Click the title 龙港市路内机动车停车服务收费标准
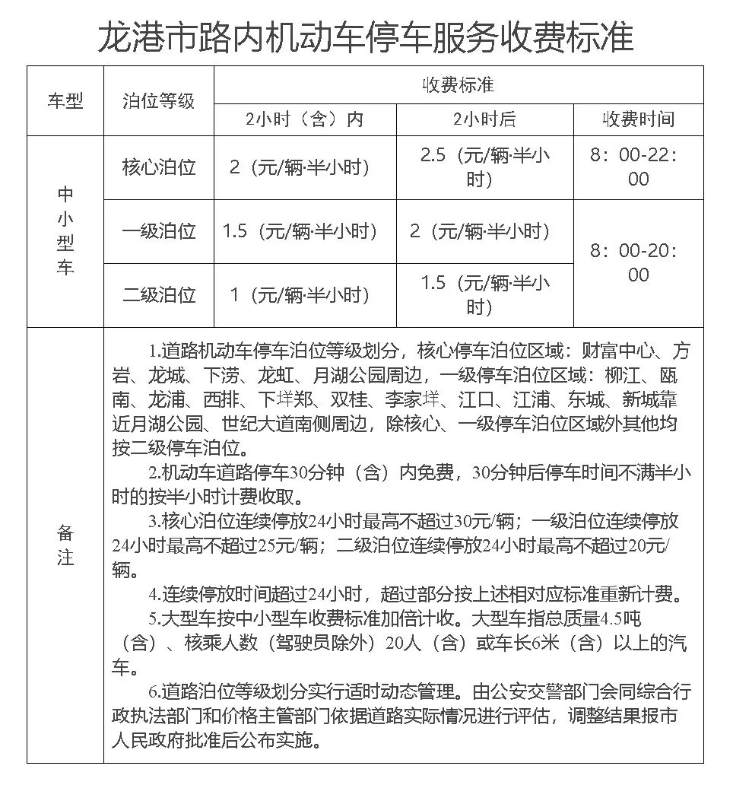[x=366, y=34]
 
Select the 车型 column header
[x=65, y=100]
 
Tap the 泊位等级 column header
[x=159, y=100]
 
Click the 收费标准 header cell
[x=459, y=84]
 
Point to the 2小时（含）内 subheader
[x=304, y=119]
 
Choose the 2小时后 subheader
[x=484, y=119]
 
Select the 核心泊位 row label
[x=159, y=167]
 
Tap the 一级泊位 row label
[x=159, y=231]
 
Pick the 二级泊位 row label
[x=159, y=294]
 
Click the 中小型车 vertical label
[x=65, y=231]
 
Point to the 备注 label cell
[x=65, y=545]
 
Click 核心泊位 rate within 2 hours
[x=300, y=167]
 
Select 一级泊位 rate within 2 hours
[x=300, y=231]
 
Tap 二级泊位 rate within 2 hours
[x=300, y=294]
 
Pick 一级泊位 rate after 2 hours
[x=479, y=231]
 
